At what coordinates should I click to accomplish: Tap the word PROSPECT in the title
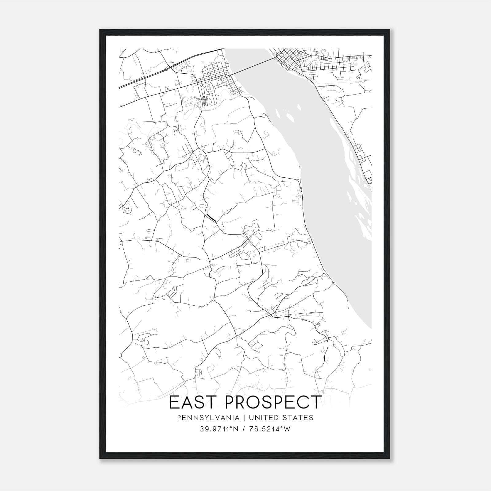(x=273, y=402)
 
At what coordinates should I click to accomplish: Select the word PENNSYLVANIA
(x=203, y=418)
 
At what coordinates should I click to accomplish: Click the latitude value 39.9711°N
(x=219, y=429)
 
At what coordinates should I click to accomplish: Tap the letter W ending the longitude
(x=287, y=429)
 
